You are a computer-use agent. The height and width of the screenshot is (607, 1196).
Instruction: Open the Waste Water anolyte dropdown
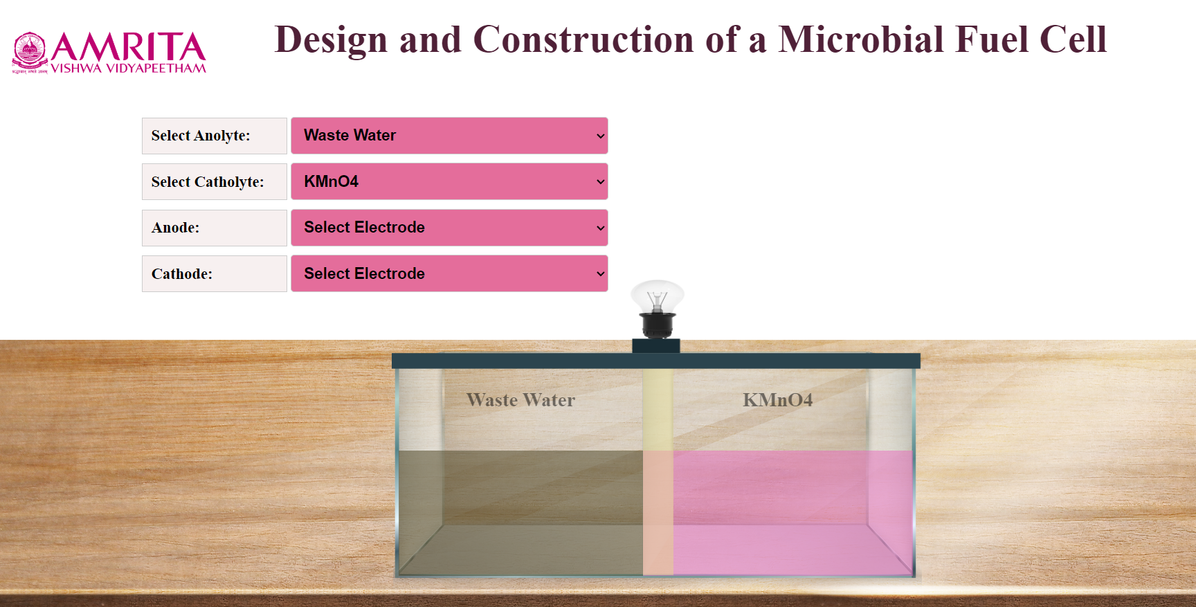[449, 136]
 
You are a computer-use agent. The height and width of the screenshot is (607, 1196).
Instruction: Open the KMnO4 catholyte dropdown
[449, 181]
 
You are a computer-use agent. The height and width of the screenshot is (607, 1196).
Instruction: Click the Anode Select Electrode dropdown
[449, 228]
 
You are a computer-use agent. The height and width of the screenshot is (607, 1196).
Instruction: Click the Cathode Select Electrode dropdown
[449, 273]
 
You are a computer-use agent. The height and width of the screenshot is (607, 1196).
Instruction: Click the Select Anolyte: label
[201, 136]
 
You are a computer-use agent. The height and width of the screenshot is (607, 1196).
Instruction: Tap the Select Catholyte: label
[208, 182]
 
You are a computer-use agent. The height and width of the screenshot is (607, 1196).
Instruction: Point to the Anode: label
[175, 228]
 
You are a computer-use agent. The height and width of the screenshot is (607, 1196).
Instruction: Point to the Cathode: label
[182, 274]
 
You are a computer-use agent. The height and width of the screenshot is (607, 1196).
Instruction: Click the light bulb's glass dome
[658, 296]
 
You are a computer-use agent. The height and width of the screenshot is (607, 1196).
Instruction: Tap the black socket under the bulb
[657, 325]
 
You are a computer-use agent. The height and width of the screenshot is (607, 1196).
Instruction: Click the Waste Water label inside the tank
[520, 400]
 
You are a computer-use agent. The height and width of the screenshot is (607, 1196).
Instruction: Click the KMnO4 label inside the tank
[777, 400]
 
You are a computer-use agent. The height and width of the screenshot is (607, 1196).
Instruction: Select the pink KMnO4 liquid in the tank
[792, 513]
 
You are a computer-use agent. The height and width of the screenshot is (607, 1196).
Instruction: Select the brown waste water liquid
[520, 513]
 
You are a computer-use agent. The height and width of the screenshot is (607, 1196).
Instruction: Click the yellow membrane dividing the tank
[658, 471]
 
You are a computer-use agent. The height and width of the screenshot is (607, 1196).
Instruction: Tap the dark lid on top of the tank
[656, 361]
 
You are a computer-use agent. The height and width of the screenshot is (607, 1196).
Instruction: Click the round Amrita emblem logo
[30, 51]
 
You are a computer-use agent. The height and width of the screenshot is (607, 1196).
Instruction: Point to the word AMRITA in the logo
[128, 47]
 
